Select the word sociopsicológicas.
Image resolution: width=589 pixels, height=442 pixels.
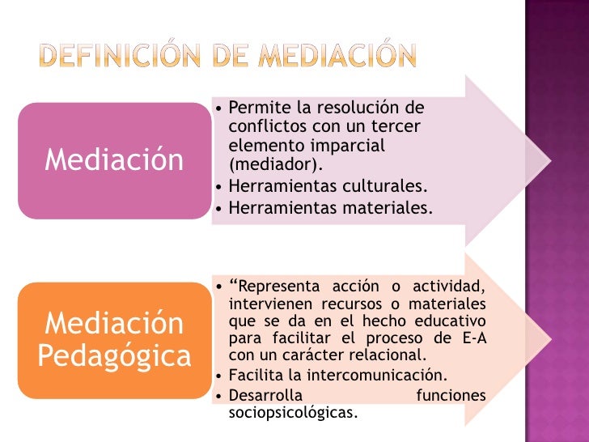click(x=292, y=412)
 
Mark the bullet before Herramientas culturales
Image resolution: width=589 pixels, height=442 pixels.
click(x=221, y=187)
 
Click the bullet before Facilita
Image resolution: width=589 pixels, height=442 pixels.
click(x=221, y=375)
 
